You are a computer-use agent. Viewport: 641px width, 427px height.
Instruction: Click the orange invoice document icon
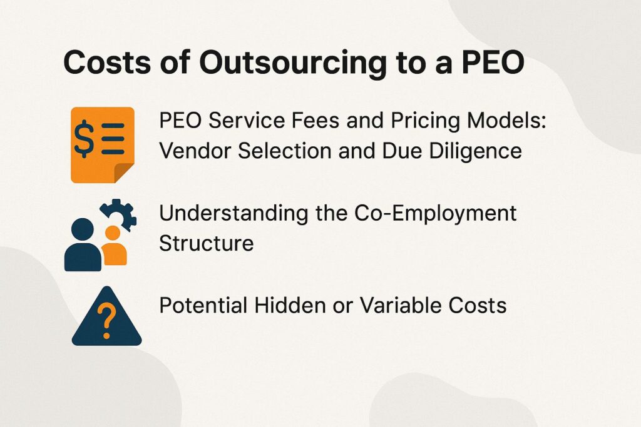coord(101,144)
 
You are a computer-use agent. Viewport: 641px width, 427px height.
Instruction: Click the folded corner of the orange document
coord(123,172)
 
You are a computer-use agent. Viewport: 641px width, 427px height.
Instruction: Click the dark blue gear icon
coord(118,214)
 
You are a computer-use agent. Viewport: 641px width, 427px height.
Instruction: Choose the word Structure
coord(206,243)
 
